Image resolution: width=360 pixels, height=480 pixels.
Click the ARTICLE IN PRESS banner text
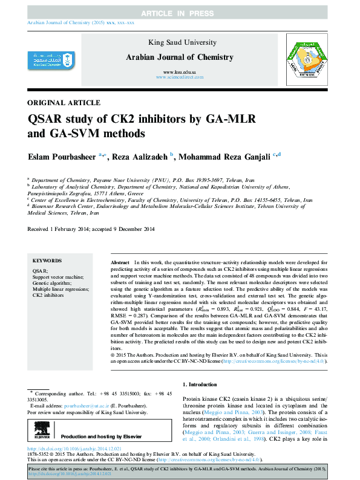pyautogui.click(x=180, y=13)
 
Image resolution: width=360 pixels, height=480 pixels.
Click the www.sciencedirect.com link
pyautogui.click(x=180, y=78)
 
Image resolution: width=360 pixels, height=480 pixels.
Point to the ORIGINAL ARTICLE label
pyautogui.click(x=64, y=103)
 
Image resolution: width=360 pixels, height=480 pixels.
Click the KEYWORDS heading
pyautogui.click(x=47, y=261)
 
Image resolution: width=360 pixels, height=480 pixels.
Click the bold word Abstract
pyautogui.click(x=119, y=263)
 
